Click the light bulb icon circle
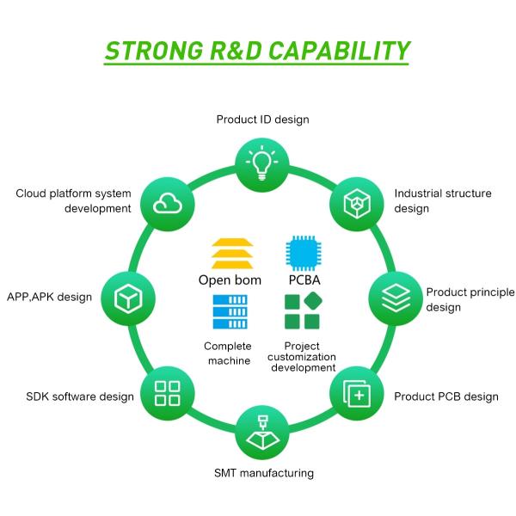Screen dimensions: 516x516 (262, 164)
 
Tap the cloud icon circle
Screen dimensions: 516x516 (168, 204)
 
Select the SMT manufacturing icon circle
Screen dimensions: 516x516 (262, 433)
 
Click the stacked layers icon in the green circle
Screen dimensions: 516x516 (396, 298)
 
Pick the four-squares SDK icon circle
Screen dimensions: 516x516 (168, 393)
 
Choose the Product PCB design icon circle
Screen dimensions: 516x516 (357, 393)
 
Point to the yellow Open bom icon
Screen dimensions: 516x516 (232, 254)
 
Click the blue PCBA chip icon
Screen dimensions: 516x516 (304, 253)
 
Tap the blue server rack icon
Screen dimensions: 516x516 (230, 311)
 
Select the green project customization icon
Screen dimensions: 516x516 (303, 310)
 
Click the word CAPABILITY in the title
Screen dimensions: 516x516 (340, 51)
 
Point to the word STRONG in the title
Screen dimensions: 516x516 (154, 51)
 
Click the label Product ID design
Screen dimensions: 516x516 (262, 120)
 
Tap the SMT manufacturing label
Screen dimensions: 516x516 (264, 473)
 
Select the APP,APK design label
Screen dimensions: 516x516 (49, 297)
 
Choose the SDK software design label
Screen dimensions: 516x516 (80, 396)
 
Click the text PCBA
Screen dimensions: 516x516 (304, 280)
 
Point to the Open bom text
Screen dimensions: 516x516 (230, 280)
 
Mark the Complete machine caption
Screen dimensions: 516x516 (228, 353)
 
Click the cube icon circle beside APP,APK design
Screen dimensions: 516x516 (128, 298)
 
